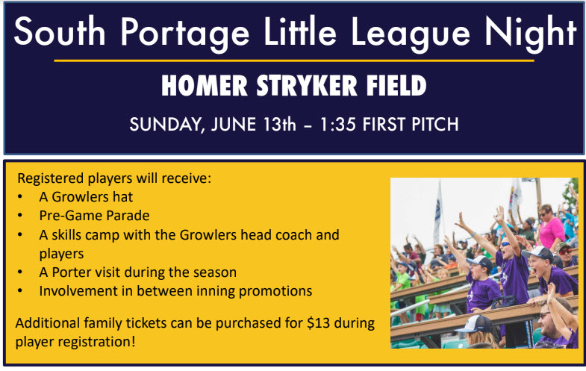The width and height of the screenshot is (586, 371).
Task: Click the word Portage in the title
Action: click(x=184, y=34)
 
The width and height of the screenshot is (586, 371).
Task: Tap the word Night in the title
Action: click(x=531, y=34)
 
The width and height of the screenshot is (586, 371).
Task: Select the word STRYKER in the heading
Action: click(x=308, y=86)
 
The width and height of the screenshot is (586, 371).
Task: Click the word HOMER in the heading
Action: click(x=205, y=86)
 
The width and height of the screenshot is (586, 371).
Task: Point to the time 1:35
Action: click(x=338, y=125)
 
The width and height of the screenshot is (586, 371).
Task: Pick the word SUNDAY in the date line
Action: click(x=166, y=125)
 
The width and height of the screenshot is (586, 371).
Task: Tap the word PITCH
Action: click(x=434, y=125)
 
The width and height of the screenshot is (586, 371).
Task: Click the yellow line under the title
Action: click(x=294, y=60)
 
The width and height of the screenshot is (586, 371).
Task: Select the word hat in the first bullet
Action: click(x=122, y=197)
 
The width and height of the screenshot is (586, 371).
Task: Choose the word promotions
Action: click(x=275, y=291)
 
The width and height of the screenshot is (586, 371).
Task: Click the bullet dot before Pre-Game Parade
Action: click(x=20, y=216)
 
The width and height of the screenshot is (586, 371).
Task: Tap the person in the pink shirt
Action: click(x=551, y=226)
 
